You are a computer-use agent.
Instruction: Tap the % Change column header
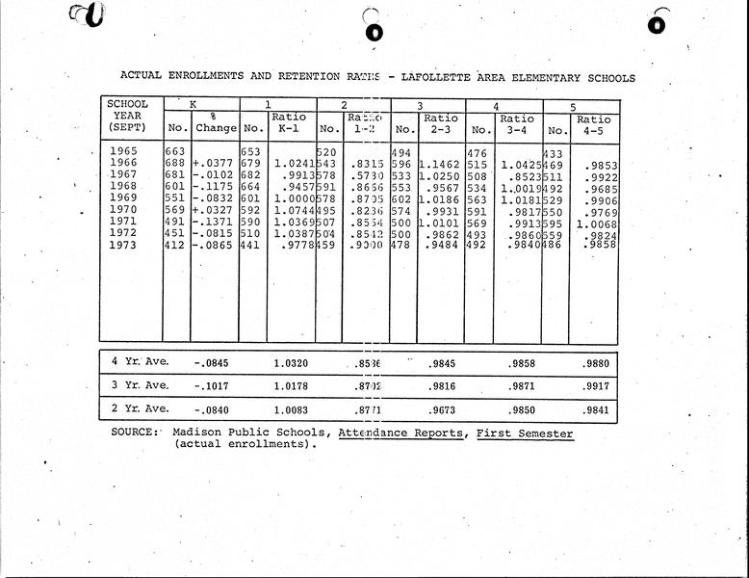click(x=215, y=122)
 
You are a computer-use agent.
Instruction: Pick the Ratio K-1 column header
click(x=290, y=122)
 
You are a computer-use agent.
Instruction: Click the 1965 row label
click(x=123, y=151)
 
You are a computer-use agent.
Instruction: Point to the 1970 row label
click(x=123, y=208)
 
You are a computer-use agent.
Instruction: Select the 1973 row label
click(x=123, y=246)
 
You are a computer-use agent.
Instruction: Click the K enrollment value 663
click(x=175, y=151)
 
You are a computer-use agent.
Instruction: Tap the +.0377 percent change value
click(x=215, y=164)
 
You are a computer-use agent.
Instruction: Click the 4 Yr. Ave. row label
click(x=140, y=361)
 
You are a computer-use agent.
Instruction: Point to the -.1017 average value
click(x=214, y=386)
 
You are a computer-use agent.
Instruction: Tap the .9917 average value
click(x=598, y=386)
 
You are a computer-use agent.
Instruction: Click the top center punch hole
click(x=374, y=32)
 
